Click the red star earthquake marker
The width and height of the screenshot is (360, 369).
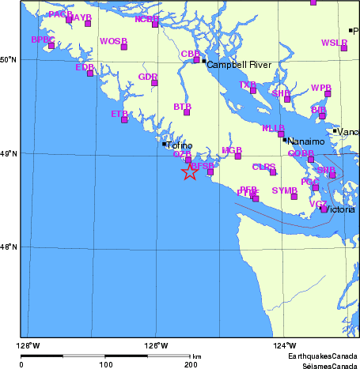[x=190, y=171]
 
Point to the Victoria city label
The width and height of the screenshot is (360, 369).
[x=340, y=210]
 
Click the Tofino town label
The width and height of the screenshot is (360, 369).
[x=179, y=145]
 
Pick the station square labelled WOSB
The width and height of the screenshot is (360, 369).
[x=123, y=47]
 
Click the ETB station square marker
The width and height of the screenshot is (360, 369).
[x=124, y=119]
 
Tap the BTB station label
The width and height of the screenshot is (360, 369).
[x=182, y=106]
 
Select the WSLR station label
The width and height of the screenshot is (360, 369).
[x=334, y=42]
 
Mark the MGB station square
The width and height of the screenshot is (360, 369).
[x=237, y=156]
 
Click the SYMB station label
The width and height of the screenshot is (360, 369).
[x=283, y=190]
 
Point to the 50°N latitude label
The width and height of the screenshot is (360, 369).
[x=9, y=59]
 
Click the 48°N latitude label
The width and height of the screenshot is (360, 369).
[x=9, y=247]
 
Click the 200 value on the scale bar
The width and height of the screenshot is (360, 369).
[x=191, y=365]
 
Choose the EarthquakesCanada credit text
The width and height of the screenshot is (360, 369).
[x=322, y=357]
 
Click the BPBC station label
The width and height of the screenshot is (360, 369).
[x=43, y=39]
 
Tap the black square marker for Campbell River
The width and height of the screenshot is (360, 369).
[x=203, y=61]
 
